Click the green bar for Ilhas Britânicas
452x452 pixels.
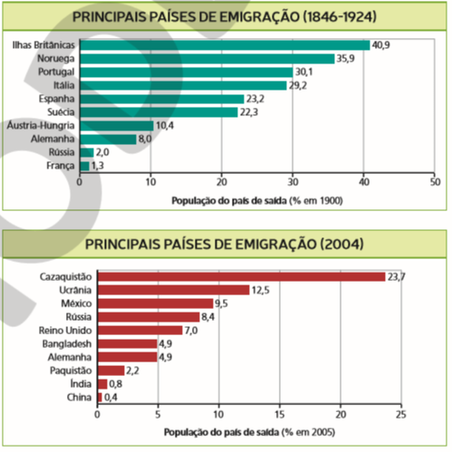pos(225,45)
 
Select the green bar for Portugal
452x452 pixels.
pos(187,72)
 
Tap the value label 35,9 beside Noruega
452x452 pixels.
pos(346,59)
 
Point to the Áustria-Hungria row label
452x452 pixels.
pos(41,125)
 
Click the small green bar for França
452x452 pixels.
pos(85,166)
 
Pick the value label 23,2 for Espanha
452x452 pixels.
pos(255,99)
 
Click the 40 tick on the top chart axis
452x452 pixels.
pos(364,182)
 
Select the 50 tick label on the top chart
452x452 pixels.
pos(435,182)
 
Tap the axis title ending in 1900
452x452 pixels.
pos(257,201)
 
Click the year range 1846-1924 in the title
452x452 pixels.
pos(340,16)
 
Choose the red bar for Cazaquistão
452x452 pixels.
pos(242,277)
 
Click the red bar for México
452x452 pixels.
pos(156,303)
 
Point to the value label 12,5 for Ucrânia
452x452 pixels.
pos(261,290)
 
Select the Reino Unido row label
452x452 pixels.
pos(65,331)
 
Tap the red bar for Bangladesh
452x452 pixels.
pos(128,344)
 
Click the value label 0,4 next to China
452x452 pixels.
pos(111,398)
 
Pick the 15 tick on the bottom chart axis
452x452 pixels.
pos(280,415)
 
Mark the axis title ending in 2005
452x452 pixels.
pos(249,432)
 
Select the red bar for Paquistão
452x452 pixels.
pos(111,370)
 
